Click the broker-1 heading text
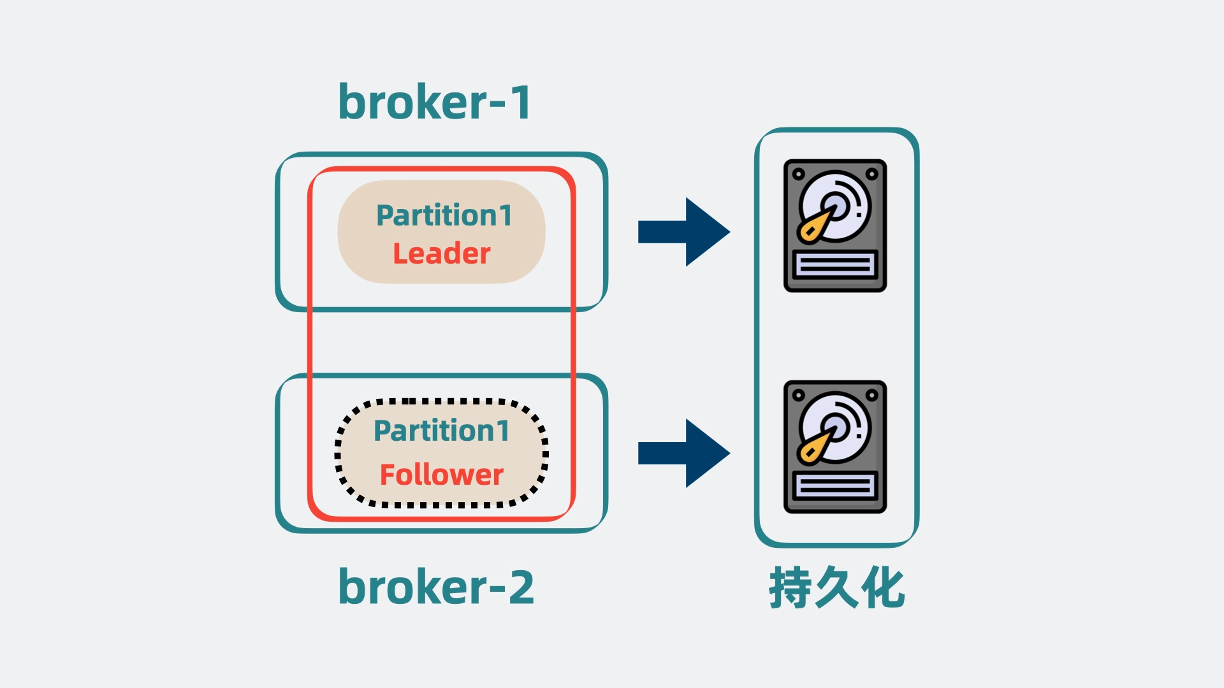click(x=434, y=103)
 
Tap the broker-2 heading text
click(x=436, y=587)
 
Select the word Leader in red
click(x=441, y=254)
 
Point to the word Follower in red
click(x=441, y=475)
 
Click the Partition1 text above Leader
click(x=444, y=215)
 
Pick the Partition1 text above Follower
click(x=441, y=431)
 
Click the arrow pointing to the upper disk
click(x=684, y=232)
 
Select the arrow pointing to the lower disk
click(x=684, y=453)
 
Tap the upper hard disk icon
click(x=835, y=226)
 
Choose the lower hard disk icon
click(x=835, y=447)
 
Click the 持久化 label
click(x=836, y=587)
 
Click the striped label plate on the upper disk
click(x=835, y=264)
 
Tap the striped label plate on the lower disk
click(x=835, y=486)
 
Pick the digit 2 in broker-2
click(x=521, y=587)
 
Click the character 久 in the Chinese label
click(x=836, y=587)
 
